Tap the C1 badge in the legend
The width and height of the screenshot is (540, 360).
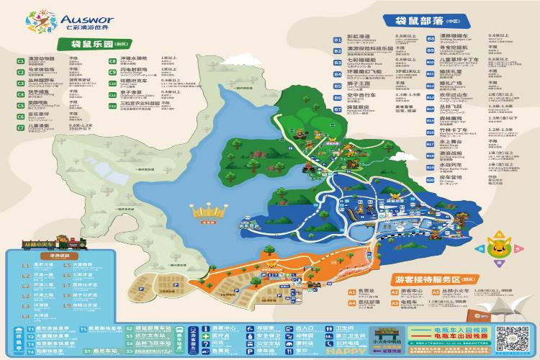21,61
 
